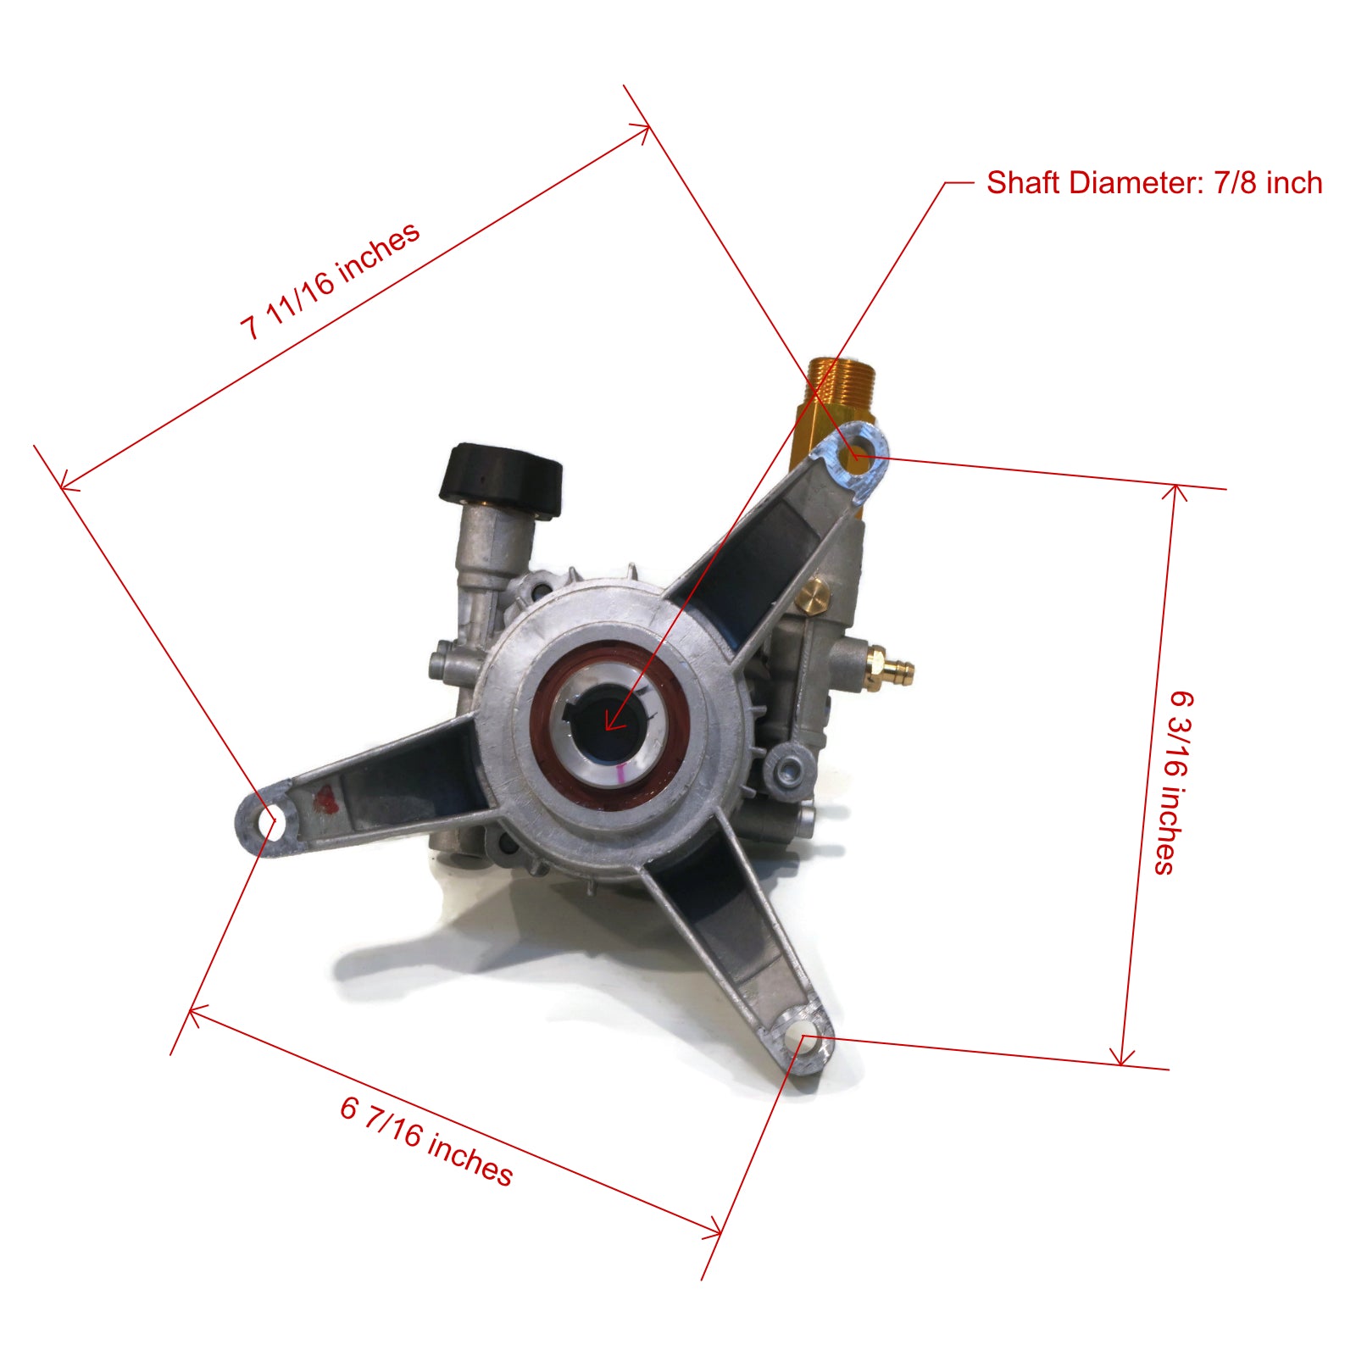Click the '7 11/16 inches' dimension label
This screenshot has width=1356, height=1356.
[331, 281]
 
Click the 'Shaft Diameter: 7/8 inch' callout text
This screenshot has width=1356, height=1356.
[1153, 183]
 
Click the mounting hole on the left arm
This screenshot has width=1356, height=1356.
[272, 822]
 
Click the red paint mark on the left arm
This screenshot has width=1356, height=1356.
[325, 798]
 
